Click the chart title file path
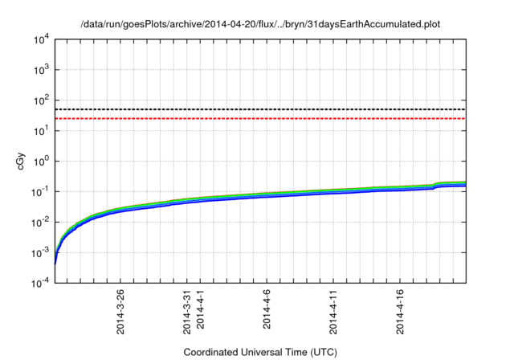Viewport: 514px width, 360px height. click(x=261, y=24)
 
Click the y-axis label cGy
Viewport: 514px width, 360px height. click(x=22, y=161)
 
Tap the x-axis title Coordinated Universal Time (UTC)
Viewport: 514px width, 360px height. click(x=260, y=352)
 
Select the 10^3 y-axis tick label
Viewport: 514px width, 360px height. click(x=39, y=70)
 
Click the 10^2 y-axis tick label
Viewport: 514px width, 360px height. click(x=39, y=100)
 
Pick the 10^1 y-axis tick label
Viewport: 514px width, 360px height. click(x=39, y=130)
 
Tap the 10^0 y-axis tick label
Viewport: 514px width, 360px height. click(x=39, y=161)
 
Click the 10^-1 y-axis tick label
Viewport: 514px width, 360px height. click(x=39, y=191)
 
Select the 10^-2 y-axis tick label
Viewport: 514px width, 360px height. click(x=39, y=222)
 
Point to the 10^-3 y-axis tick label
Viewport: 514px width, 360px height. click(x=39, y=252)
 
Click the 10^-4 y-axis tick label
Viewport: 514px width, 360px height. click(x=39, y=282)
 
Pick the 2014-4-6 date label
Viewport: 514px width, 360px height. click(x=267, y=310)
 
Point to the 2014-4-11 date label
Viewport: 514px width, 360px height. click(x=333, y=312)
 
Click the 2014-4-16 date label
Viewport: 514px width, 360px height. click(x=400, y=312)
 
